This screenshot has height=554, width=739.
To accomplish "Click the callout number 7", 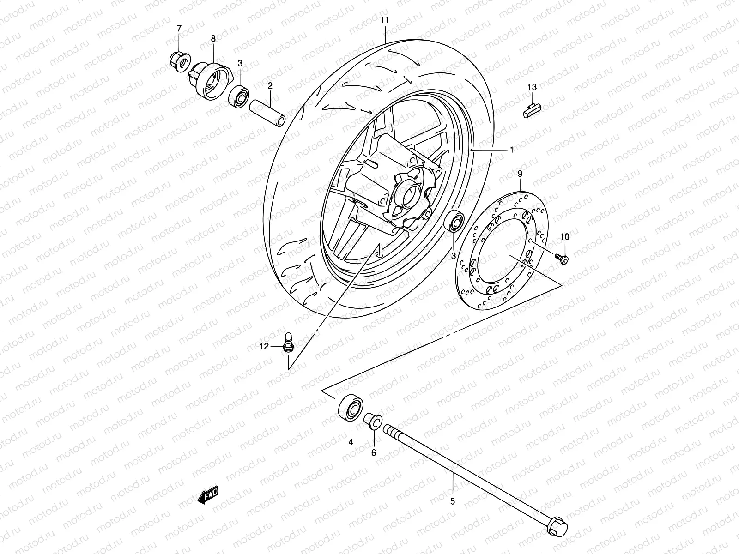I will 179,30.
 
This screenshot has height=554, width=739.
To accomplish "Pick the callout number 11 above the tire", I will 385,20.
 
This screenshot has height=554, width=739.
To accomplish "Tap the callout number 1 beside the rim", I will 511,150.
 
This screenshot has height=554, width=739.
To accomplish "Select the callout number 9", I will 520,174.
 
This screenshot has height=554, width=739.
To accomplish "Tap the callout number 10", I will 565,237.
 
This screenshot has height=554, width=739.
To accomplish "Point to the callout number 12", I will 264,347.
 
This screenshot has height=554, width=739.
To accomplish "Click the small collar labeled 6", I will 373,422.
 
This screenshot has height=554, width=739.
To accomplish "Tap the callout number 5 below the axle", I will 452,501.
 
